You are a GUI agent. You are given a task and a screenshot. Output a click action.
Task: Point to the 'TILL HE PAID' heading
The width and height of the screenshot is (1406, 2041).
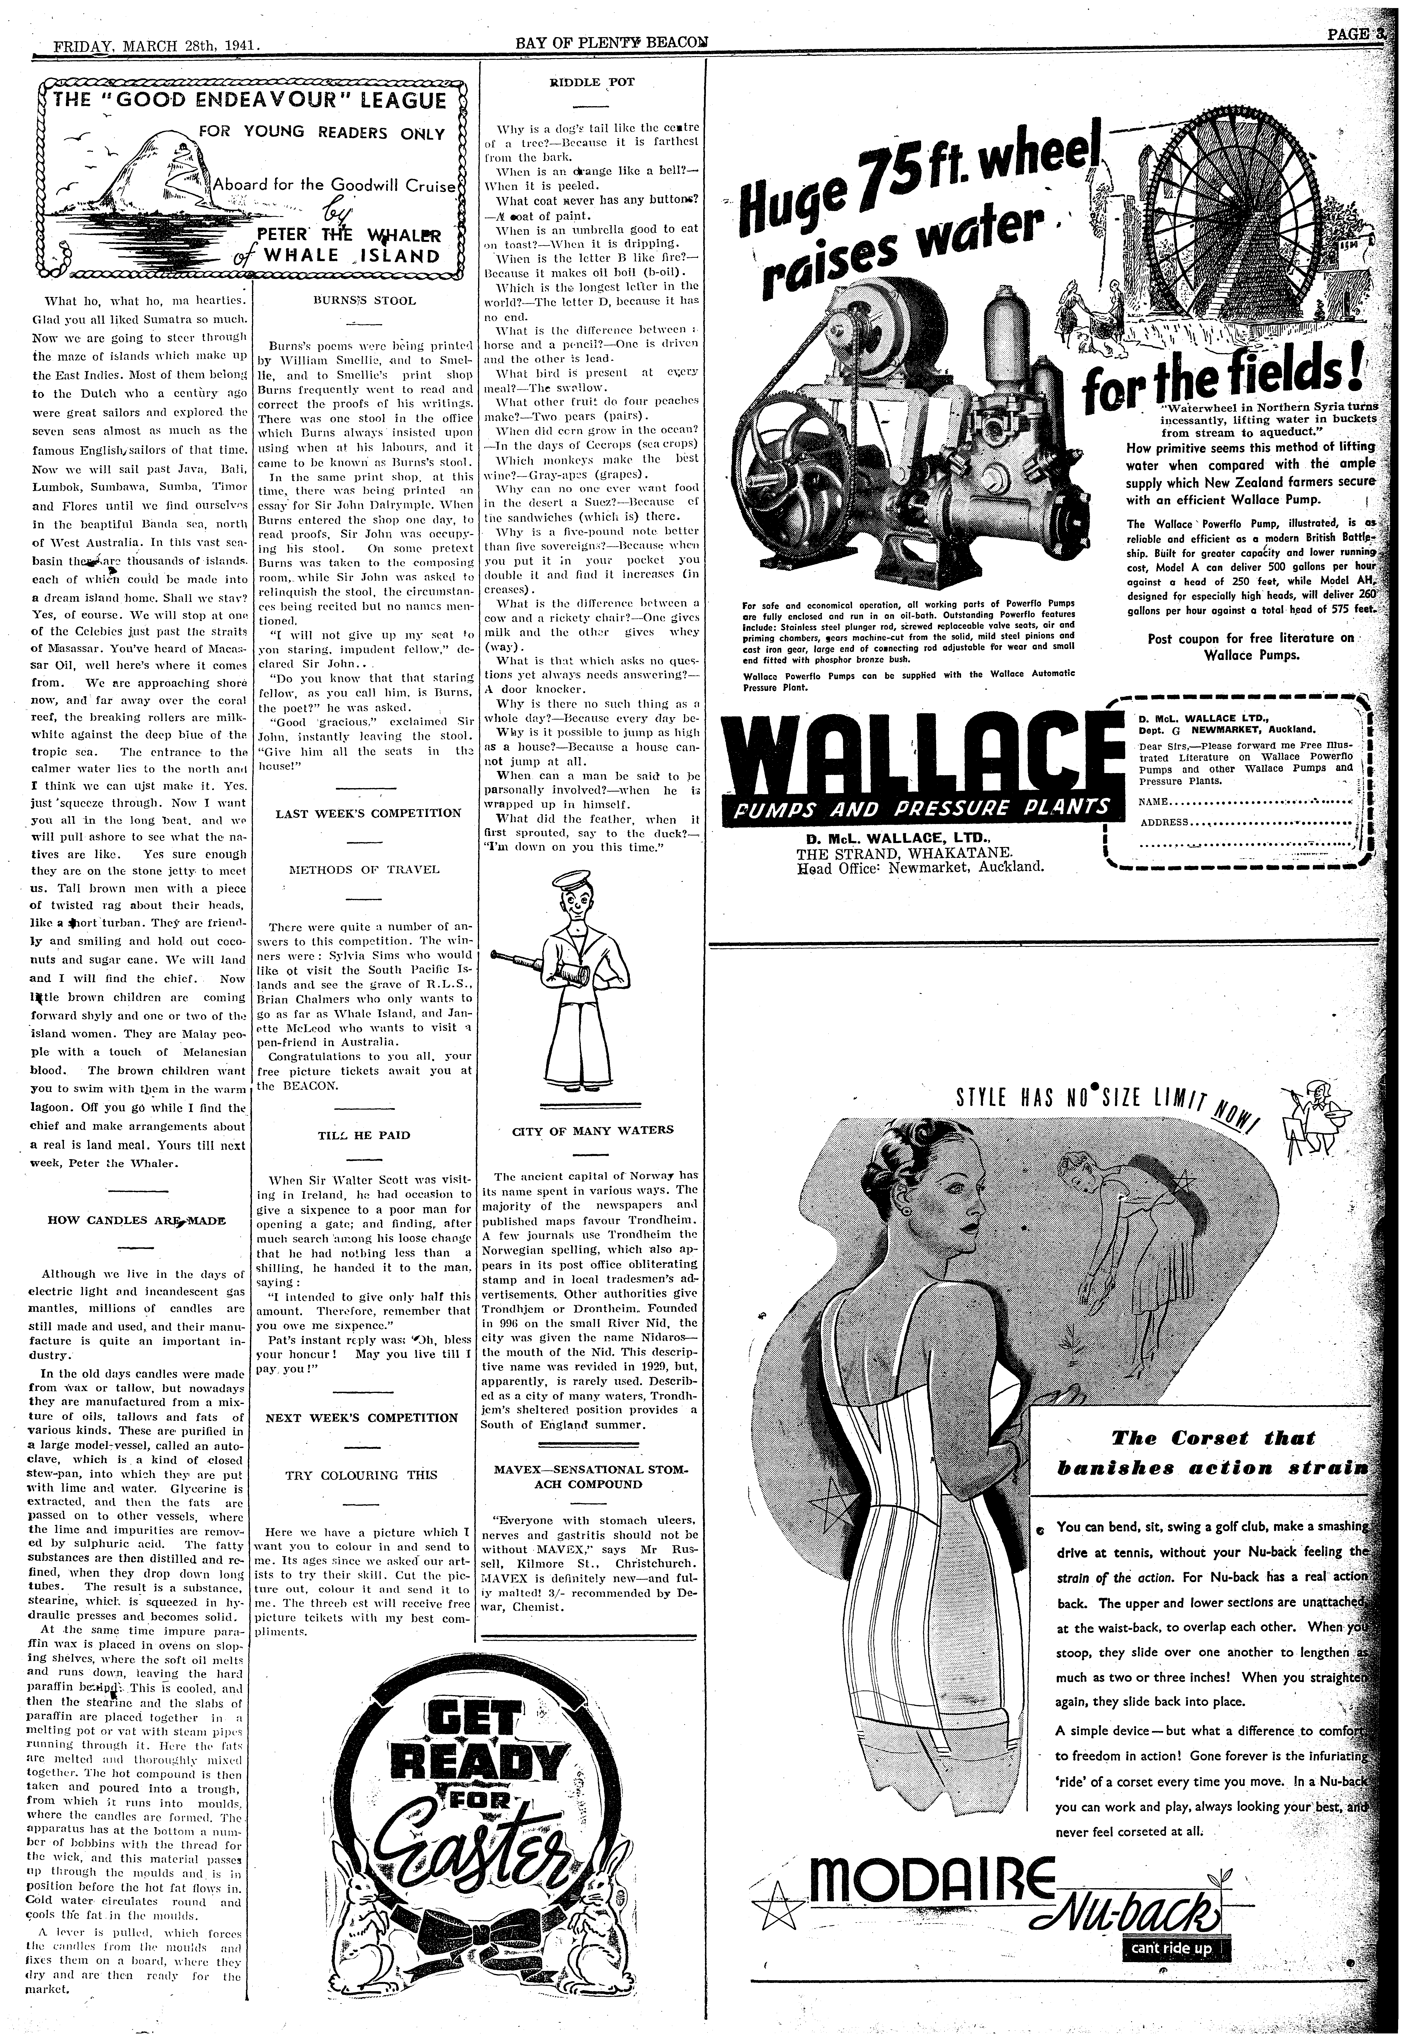(364, 1135)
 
